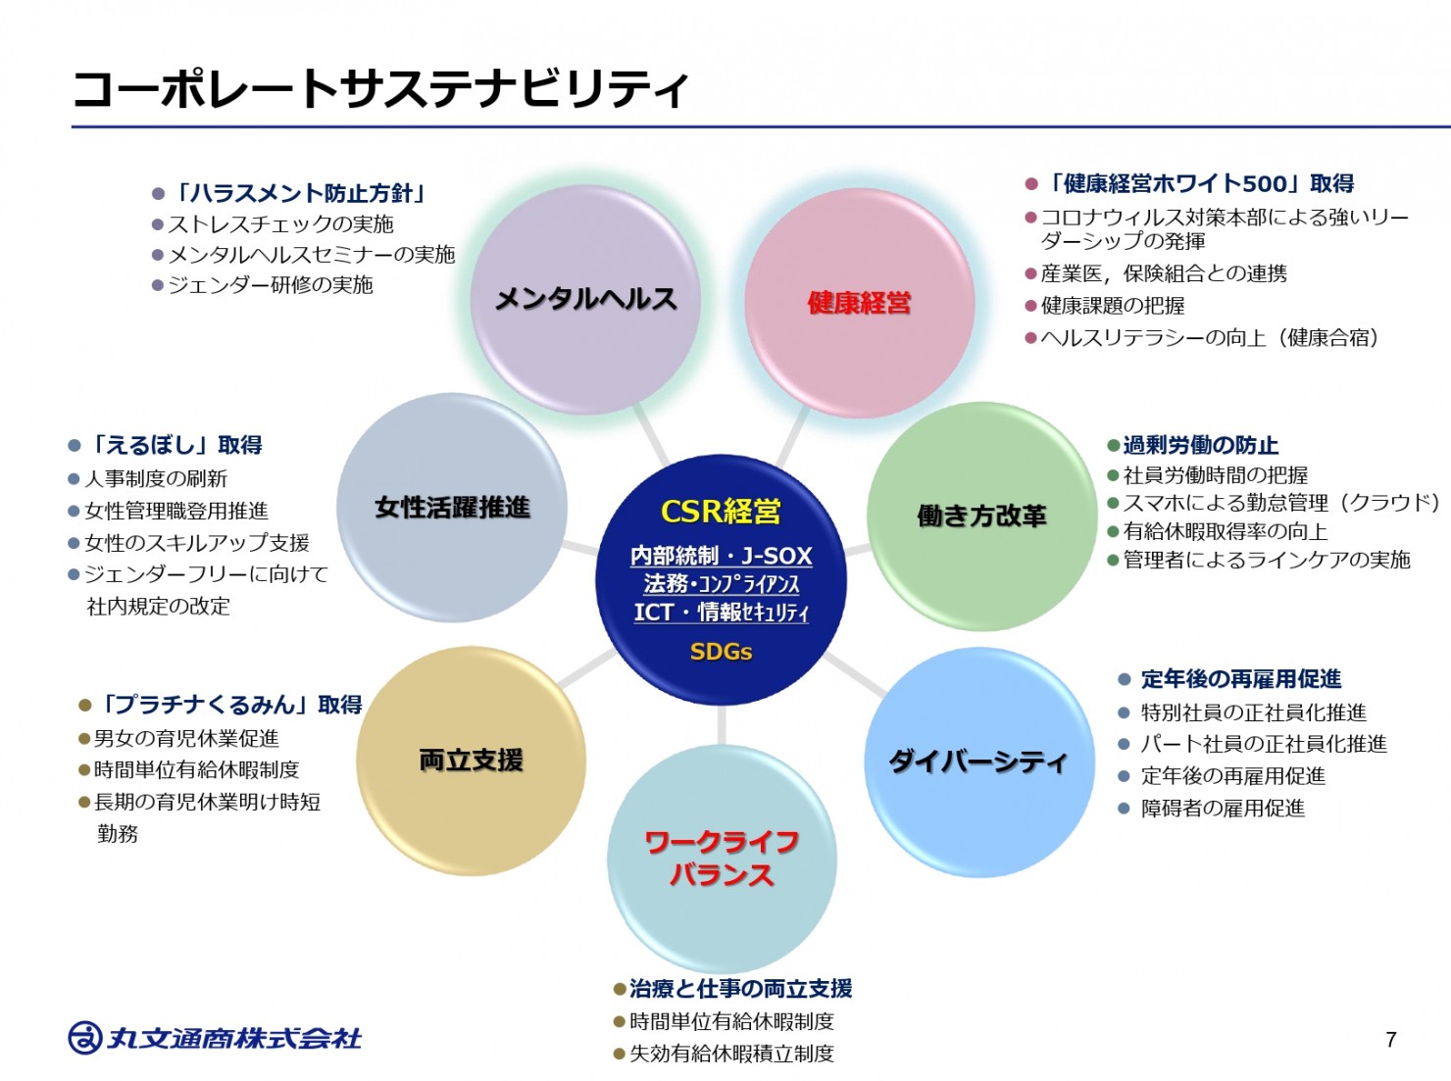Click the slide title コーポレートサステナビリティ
pyautogui.click(x=380, y=89)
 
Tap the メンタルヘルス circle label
pyautogui.click(x=585, y=299)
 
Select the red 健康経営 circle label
pyautogui.click(x=860, y=303)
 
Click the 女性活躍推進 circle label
pyautogui.click(x=452, y=508)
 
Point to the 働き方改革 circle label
pyautogui.click(x=981, y=516)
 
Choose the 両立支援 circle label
pyautogui.click(x=471, y=761)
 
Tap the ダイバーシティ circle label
pyautogui.click(x=977, y=762)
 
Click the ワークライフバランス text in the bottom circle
pyautogui.click(x=722, y=859)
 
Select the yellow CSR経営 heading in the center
pyautogui.click(x=722, y=511)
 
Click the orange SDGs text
pyautogui.click(x=722, y=652)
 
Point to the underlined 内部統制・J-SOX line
pyautogui.click(x=722, y=556)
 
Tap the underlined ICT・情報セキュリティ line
pyautogui.click(x=722, y=613)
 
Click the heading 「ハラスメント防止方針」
pyautogui.click(x=298, y=194)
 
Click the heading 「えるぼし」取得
pyautogui.click(x=175, y=445)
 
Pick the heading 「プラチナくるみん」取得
pyautogui.click(x=228, y=705)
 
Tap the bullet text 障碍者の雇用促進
pyautogui.click(x=1223, y=809)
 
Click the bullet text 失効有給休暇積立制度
pyautogui.click(x=731, y=1054)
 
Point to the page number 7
pyautogui.click(x=1391, y=1040)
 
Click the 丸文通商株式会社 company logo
pyautogui.click(x=215, y=1038)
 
